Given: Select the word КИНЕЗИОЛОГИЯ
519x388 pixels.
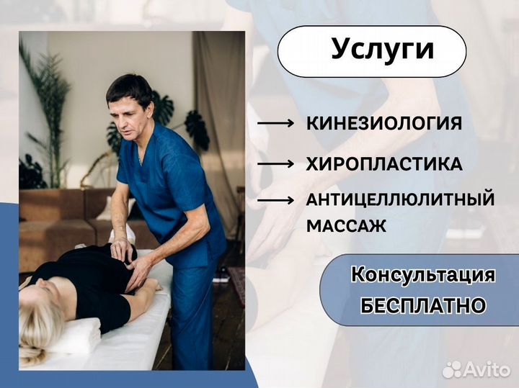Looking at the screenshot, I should point(384,123).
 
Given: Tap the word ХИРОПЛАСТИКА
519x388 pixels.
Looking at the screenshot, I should point(384,163).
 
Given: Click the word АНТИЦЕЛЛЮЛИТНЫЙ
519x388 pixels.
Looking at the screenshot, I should point(401,199).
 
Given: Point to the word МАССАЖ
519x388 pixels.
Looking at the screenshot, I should point(347,225).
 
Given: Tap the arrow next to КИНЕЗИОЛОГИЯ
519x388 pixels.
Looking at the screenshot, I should point(275,124).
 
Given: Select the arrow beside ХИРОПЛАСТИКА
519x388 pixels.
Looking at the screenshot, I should point(275,164).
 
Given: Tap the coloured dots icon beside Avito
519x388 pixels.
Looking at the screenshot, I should point(452,369).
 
